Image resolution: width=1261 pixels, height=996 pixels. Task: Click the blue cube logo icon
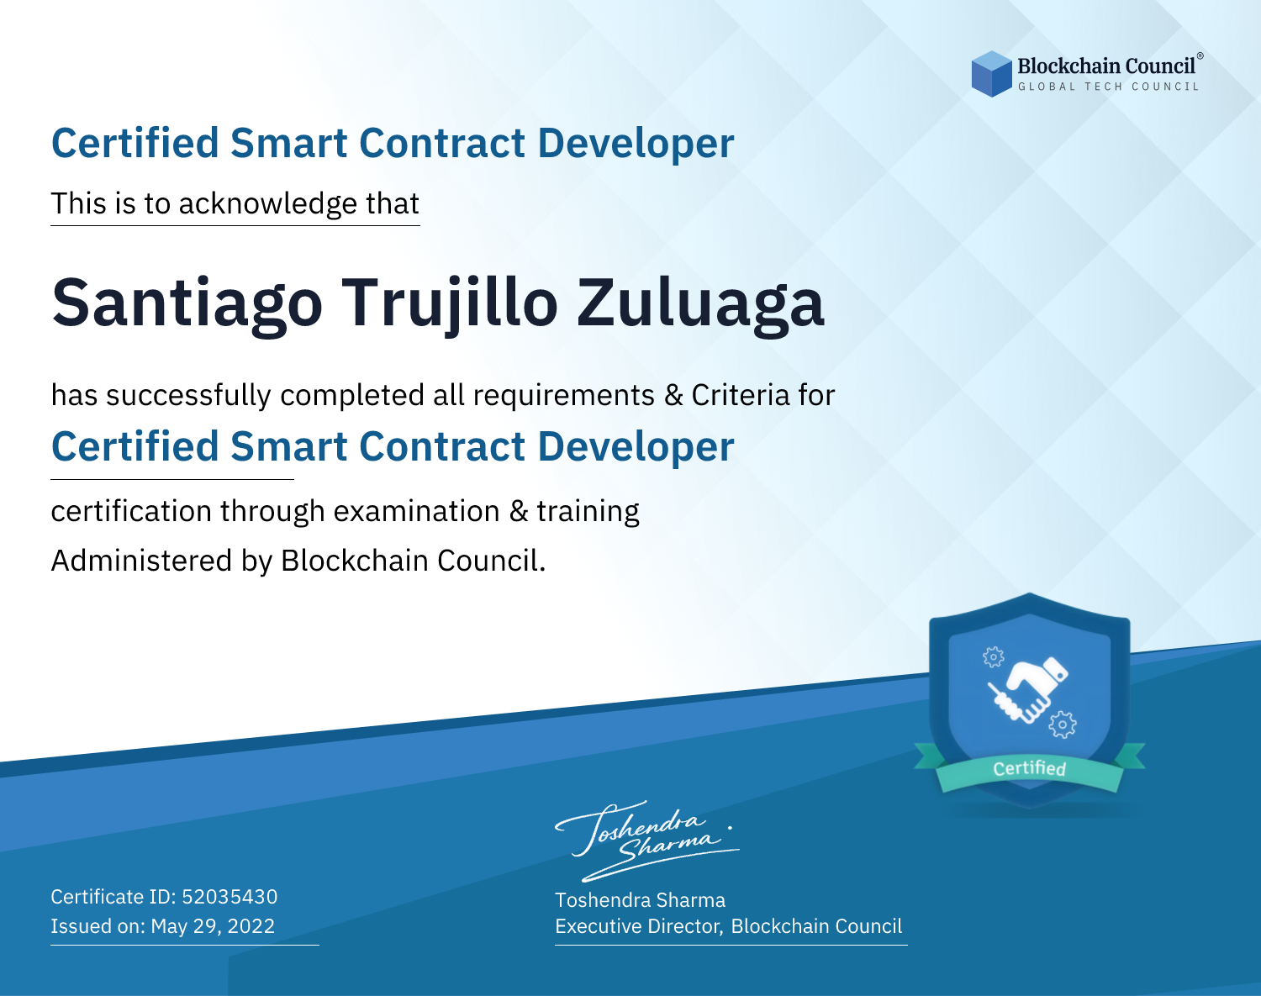(x=991, y=74)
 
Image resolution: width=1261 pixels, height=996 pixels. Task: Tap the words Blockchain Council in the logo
(x=1106, y=66)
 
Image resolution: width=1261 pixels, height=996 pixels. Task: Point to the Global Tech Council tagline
(x=1109, y=87)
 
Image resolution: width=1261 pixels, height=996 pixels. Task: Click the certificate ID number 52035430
(x=230, y=896)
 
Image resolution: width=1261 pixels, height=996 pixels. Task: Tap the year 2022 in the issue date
(x=251, y=925)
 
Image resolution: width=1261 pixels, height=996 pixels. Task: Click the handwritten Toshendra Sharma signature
(x=646, y=841)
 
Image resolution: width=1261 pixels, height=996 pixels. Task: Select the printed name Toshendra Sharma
(x=640, y=900)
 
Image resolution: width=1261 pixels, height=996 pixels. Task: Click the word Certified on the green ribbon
(x=1029, y=768)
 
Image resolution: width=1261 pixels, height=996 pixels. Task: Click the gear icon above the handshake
(x=993, y=657)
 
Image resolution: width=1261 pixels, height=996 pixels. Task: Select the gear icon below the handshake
(x=1063, y=725)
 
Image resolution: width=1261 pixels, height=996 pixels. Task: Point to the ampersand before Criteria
(x=674, y=396)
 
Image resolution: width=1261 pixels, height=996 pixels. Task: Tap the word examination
(x=417, y=511)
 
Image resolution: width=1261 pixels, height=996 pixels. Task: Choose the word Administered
(x=142, y=561)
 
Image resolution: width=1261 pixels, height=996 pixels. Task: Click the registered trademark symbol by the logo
(x=1200, y=56)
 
